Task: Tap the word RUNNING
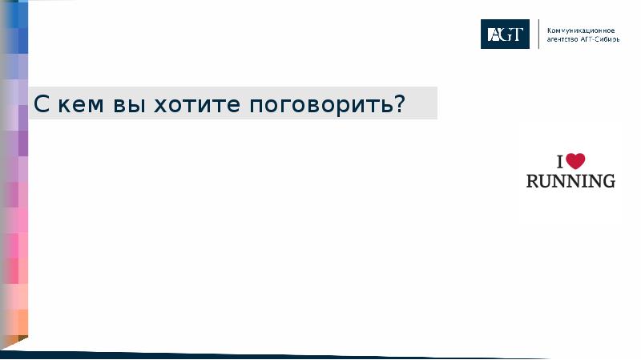point(570,181)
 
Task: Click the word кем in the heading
point(75,105)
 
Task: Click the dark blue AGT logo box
point(505,34)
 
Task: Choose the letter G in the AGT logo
point(505,34)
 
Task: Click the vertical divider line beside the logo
point(538,34)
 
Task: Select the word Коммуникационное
point(580,29)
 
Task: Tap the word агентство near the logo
point(562,38)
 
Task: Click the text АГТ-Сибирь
point(599,38)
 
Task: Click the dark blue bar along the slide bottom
point(280,354)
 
